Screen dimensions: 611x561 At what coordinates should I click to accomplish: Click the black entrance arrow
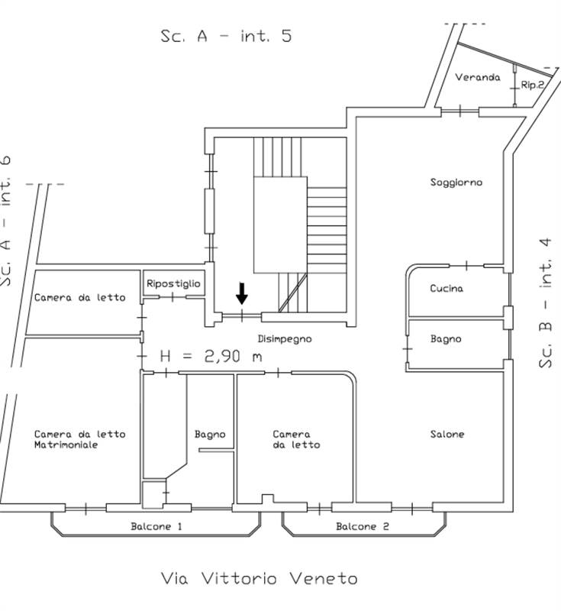click(x=242, y=293)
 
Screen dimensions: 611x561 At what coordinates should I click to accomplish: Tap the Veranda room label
click(x=478, y=77)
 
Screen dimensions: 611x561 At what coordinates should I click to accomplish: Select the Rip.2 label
click(x=532, y=85)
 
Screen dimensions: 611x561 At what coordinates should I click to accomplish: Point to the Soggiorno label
click(x=456, y=183)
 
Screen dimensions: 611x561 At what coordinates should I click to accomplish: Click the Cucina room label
click(x=447, y=289)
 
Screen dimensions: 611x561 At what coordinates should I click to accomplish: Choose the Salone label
click(x=447, y=434)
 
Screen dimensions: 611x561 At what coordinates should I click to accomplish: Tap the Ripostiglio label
click(x=174, y=283)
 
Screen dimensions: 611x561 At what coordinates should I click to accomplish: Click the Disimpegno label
click(x=284, y=338)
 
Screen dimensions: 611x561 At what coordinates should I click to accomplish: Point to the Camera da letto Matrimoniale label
click(x=79, y=439)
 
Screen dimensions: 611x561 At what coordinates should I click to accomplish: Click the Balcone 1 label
click(x=156, y=527)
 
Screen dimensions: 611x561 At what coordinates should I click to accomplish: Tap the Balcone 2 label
click(x=363, y=527)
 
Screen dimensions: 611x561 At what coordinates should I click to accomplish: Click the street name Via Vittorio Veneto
click(x=259, y=578)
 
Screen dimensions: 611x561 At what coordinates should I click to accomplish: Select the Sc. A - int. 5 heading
click(x=226, y=36)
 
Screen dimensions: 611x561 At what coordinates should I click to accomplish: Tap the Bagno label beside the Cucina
click(x=446, y=338)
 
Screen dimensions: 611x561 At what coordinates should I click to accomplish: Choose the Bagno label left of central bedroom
click(x=210, y=434)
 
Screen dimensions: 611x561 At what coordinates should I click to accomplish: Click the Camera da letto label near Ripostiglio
click(x=79, y=297)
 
